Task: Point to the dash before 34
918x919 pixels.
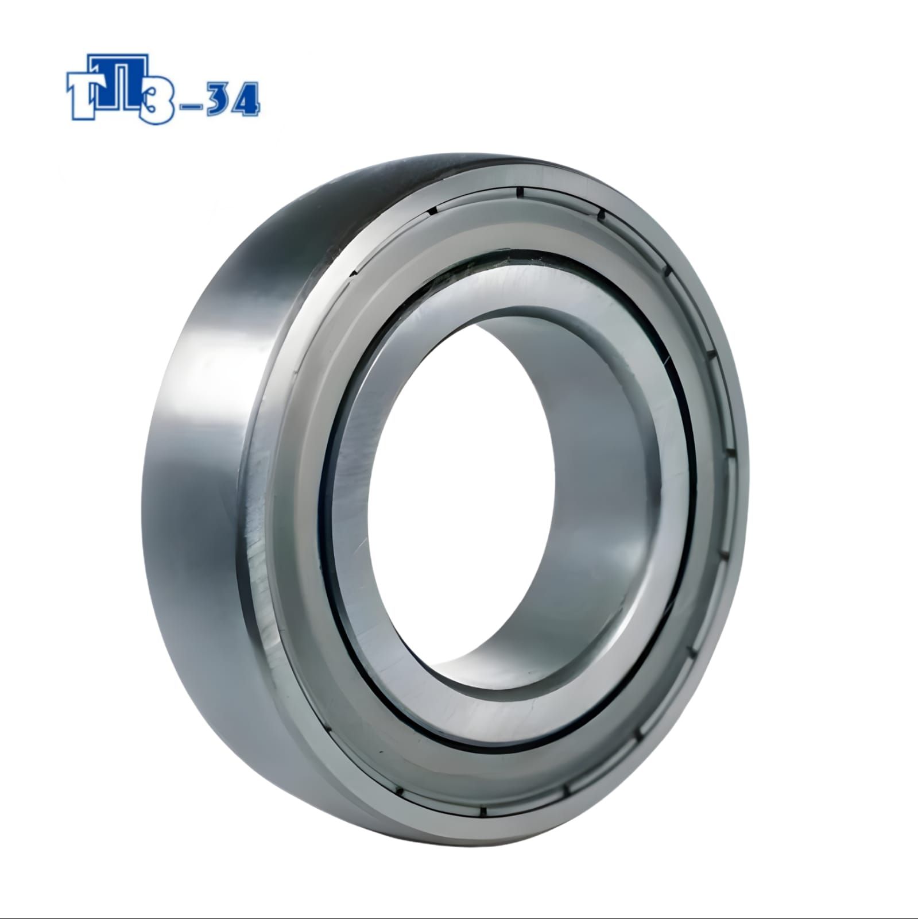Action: (x=192, y=104)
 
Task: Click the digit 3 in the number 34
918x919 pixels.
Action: (x=218, y=98)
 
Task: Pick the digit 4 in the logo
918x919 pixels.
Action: (x=246, y=98)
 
